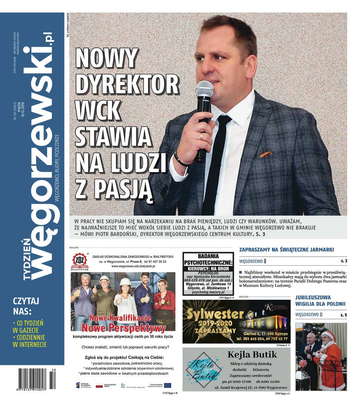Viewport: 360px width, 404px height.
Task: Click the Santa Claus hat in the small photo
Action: click(328, 335)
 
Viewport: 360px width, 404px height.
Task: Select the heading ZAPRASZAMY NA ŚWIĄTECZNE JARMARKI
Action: click(286, 249)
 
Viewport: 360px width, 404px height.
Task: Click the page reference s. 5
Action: click(343, 315)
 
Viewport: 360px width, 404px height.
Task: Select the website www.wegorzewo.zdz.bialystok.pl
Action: click(133, 266)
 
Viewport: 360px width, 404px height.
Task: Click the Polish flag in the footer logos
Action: click(99, 385)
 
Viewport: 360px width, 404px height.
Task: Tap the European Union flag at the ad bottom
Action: click(167, 385)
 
